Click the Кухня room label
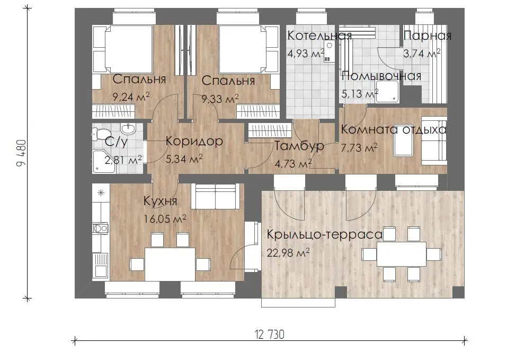pyautogui.click(x=161, y=201)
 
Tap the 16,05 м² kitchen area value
pyautogui.click(x=165, y=219)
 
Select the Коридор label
pyautogui.click(x=194, y=142)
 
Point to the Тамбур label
pyautogui.click(x=299, y=146)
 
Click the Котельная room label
pyautogui.click(x=319, y=35)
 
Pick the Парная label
pyautogui.click(x=427, y=35)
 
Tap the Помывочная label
pyautogui.click(x=381, y=76)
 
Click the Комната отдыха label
pyautogui.click(x=394, y=130)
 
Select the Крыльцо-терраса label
pyautogui.click(x=325, y=234)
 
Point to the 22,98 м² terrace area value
pyautogui.click(x=288, y=252)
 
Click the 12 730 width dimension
pyautogui.click(x=270, y=335)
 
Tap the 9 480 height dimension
pyautogui.click(x=21, y=153)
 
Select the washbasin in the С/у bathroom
pyautogui.click(x=128, y=129)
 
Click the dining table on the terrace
pyautogui.click(x=402, y=254)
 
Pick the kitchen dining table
pyautogui.click(x=170, y=264)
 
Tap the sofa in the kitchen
pyautogui.click(x=215, y=196)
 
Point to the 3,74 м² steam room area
pyautogui.click(x=422, y=53)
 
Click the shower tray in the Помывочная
pyautogui.click(x=387, y=91)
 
